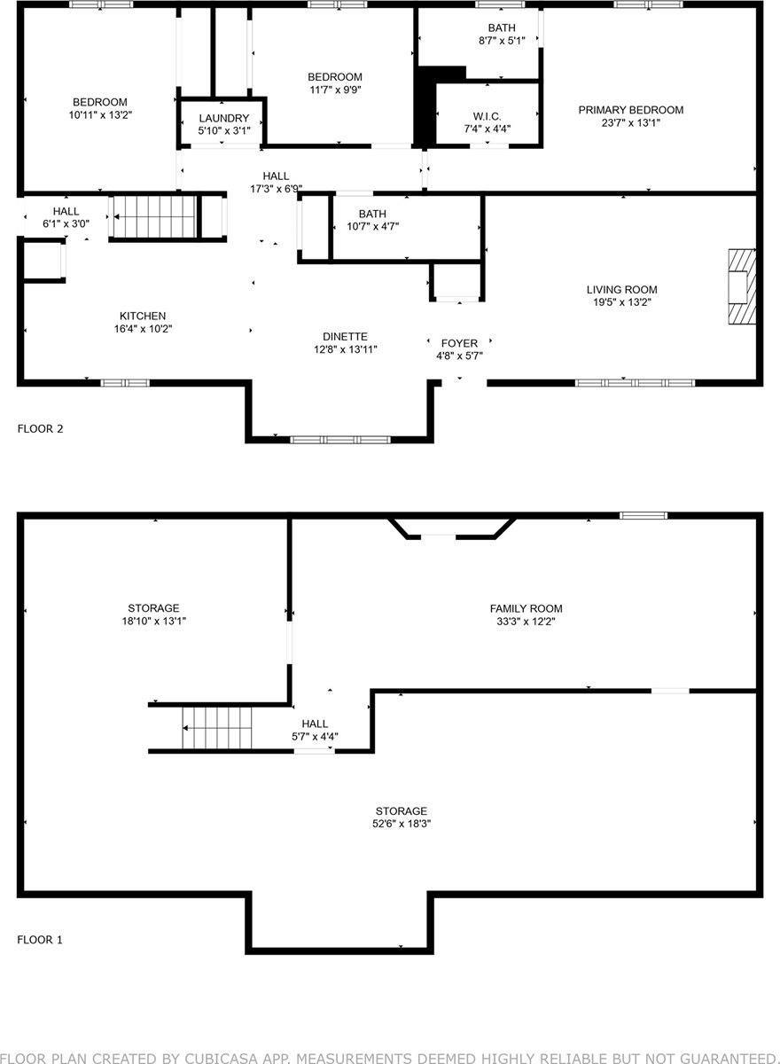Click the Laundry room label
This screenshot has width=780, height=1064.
pyautogui.click(x=223, y=119)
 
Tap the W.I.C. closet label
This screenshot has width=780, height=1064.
pyautogui.click(x=487, y=116)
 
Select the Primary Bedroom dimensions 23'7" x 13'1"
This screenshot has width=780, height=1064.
pyautogui.click(x=630, y=123)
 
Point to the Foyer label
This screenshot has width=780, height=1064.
pyautogui.click(x=459, y=343)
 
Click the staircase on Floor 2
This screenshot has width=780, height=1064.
pyautogui.click(x=152, y=217)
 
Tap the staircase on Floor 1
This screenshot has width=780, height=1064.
pyautogui.click(x=217, y=728)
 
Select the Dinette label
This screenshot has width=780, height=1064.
pyautogui.click(x=345, y=337)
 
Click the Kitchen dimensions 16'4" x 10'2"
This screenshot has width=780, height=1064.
pyautogui.click(x=143, y=329)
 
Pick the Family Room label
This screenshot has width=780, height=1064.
pyautogui.click(x=526, y=608)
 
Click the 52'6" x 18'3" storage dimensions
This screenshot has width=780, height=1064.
pyautogui.click(x=401, y=824)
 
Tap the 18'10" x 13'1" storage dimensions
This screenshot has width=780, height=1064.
pyautogui.click(x=153, y=621)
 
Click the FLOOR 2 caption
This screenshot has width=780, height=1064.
pyautogui.click(x=40, y=429)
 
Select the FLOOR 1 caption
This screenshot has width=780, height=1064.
pyautogui.click(x=40, y=940)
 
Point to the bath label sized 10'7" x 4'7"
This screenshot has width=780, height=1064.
pyautogui.click(x=372, y=214)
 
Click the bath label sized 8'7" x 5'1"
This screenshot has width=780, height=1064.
pyautogui.click(x=501, y=28)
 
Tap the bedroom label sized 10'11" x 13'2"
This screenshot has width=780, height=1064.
pyautogui.click(x=99, y=102)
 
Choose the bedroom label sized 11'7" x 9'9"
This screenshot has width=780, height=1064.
pyautogui.click(x=334, y=77)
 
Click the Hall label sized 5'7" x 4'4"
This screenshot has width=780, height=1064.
pyautogui.click(x=315, y=724)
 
